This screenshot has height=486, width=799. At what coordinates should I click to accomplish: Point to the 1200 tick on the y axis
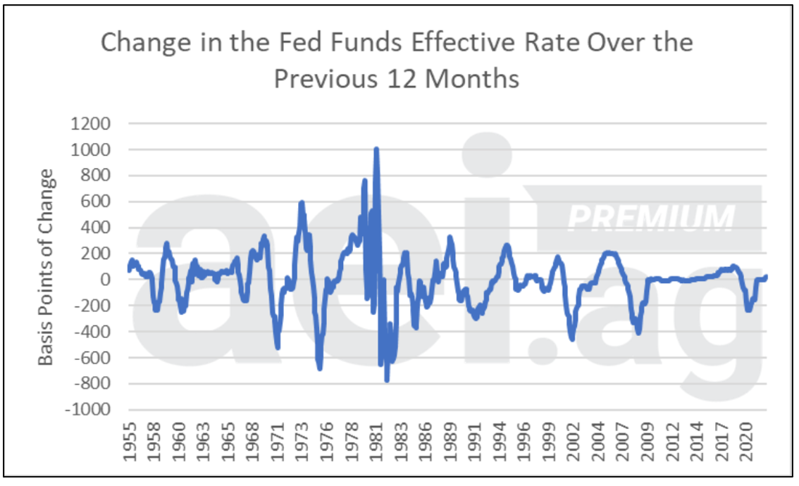tap(90, 124)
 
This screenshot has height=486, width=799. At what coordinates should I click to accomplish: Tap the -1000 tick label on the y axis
tap(87, 410)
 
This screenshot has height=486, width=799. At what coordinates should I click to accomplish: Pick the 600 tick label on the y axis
tap(94, 201)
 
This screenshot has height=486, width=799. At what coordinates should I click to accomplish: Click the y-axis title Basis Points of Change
tap(45, 268)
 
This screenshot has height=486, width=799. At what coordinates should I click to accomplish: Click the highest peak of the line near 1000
tap(376, 150)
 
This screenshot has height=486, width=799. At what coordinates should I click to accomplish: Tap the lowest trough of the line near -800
tap(387, 380)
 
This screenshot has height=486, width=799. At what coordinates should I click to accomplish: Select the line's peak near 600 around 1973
tap(302, 203)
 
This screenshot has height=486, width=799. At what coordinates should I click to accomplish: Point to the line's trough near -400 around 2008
tap(638, 332)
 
